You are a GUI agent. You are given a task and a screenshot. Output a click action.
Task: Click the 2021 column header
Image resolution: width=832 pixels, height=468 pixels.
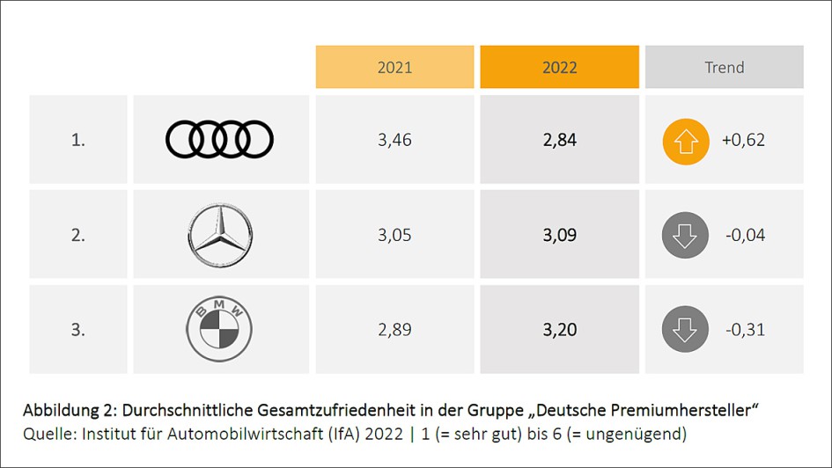pyautogui.click(x=394, y=68)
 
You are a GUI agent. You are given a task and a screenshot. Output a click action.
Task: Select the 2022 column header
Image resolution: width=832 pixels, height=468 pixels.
pyautogui.click(x=559, y=68)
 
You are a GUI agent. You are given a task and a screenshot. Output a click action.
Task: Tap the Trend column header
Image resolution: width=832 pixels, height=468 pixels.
pyautogui.click(x=724, y=68)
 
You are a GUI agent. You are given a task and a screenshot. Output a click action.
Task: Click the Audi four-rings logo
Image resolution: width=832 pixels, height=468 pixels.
pyautogui.click(x=220, y=140)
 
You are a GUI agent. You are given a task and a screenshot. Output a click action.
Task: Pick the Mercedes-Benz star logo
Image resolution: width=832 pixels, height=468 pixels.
pyautogui.click(x=220, y=235)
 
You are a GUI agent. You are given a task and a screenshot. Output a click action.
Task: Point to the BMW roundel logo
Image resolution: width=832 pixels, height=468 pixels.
pyautogui.click(x=219, y=330)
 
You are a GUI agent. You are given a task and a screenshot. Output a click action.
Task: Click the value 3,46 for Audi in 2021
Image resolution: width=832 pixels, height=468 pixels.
pyautogui.click(x=394, y=140)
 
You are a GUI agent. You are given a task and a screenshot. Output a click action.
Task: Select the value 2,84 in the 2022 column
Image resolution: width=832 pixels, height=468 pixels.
pyautogui.click(x=559, y=140)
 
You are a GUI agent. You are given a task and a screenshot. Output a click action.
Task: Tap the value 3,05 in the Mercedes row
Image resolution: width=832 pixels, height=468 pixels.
pyautogui.click(x=394, y=235)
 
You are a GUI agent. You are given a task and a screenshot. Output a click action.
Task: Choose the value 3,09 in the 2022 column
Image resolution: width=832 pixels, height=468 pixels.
pyautogui.click(x=559, y=235)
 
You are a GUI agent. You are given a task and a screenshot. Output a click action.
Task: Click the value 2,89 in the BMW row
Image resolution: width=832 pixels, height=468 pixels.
pyautogui.click(x=394, y=330)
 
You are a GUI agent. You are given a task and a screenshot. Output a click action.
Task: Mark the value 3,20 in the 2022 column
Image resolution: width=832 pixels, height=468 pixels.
pyautogui.click(x=559, y=330)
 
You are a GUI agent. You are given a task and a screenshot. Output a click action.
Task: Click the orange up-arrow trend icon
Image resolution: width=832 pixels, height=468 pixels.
pyautogui.click(x=685, y=141)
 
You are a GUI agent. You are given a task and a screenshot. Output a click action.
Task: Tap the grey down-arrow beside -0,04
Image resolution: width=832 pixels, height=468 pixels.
pyautogui.click(x=684, y=235)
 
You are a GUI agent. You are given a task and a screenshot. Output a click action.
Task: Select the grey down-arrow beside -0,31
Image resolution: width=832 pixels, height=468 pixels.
pyautogui.click(x=684, y=330)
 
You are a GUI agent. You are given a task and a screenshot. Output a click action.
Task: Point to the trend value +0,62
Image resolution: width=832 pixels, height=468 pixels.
pyautogui.click(x=744, y=140)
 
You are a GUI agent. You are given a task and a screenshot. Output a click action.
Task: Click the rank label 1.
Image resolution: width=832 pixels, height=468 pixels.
pyautogui.click(x=78, y=140)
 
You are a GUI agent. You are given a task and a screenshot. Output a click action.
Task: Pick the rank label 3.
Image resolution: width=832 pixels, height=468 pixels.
pyautogui.click(x=78, y=330)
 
